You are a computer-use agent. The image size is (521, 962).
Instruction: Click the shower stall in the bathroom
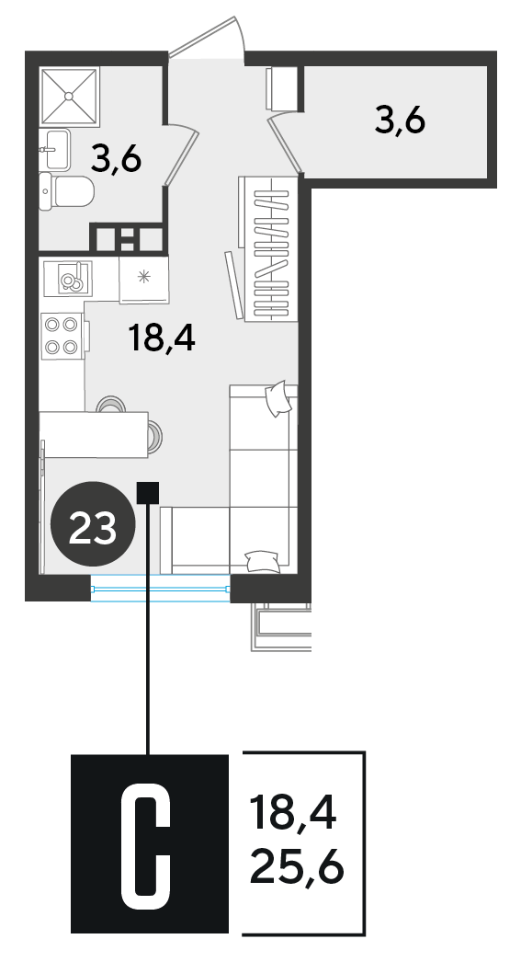pyautogui.click(x=69, y=96)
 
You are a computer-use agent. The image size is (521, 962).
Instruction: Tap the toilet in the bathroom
pyautogui.click(x=66, y=192)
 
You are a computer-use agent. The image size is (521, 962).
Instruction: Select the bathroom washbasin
pyautogui.click(x=55, y=149)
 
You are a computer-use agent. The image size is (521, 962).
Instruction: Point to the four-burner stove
pyautogui.click(x=62, y=336)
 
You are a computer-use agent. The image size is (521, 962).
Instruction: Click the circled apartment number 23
pyautogui.click(x=93, y=522)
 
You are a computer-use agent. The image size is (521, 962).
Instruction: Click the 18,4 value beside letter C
pyautogui.click(x=293, y=813)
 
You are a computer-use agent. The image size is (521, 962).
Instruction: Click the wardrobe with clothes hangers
pyautogui.click(x=268, y=249)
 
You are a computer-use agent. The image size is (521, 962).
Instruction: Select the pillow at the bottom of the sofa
pyautogui.click(x=263, y=561)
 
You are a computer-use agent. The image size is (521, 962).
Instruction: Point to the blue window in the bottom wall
pyautogui.click(x=160, y=589)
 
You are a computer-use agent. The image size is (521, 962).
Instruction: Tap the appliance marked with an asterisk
pyautogui.click(x=144, y=280)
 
